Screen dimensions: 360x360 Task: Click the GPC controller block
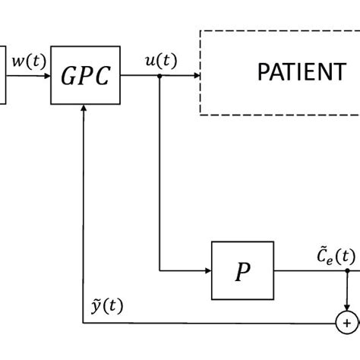(85, 74)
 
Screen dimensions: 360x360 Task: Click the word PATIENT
(302, 73)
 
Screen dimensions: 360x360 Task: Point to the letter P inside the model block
(242, 271)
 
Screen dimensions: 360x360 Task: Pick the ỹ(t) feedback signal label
(106, 306)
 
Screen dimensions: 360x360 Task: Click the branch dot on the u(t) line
(159, 75)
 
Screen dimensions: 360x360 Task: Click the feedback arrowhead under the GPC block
(85, 109)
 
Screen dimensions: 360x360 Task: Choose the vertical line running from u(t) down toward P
(159, 175)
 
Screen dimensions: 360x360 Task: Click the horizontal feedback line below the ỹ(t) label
(213, 323)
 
